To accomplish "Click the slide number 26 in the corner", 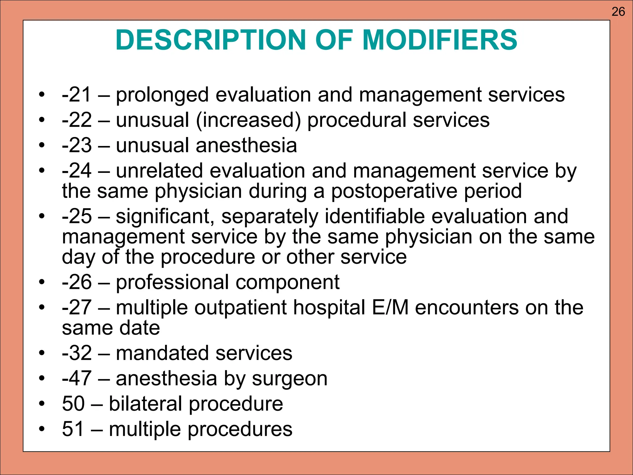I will coord(618,12).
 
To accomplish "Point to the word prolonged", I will coord(162,95).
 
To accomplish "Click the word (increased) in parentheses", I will coord(248,121).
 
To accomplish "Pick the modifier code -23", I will coord(77,145).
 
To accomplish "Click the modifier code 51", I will coord(73,429).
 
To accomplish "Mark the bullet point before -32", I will coord(42,353).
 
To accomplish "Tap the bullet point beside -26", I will coord(42,282).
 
